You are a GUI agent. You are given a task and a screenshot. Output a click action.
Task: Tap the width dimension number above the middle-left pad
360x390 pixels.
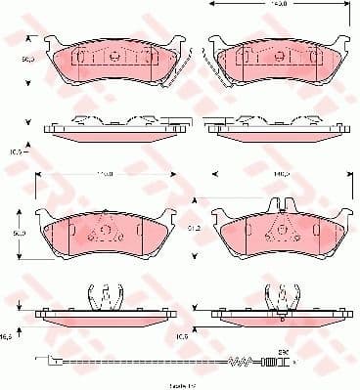click(102, 174)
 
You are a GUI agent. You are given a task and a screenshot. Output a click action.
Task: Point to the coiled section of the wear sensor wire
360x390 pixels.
click(241, 364)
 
